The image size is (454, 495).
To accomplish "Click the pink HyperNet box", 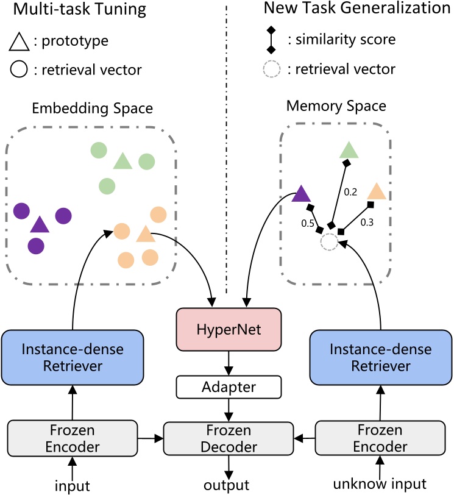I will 228,330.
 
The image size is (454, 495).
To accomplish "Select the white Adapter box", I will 228,386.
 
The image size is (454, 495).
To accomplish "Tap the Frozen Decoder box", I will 228,438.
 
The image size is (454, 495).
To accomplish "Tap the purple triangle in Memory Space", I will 302,194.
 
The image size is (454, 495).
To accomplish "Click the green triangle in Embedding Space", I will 122,161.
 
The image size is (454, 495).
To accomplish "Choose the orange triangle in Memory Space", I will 376,191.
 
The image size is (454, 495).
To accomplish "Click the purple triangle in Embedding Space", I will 40,225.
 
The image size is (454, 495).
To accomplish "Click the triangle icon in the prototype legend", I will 19,42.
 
